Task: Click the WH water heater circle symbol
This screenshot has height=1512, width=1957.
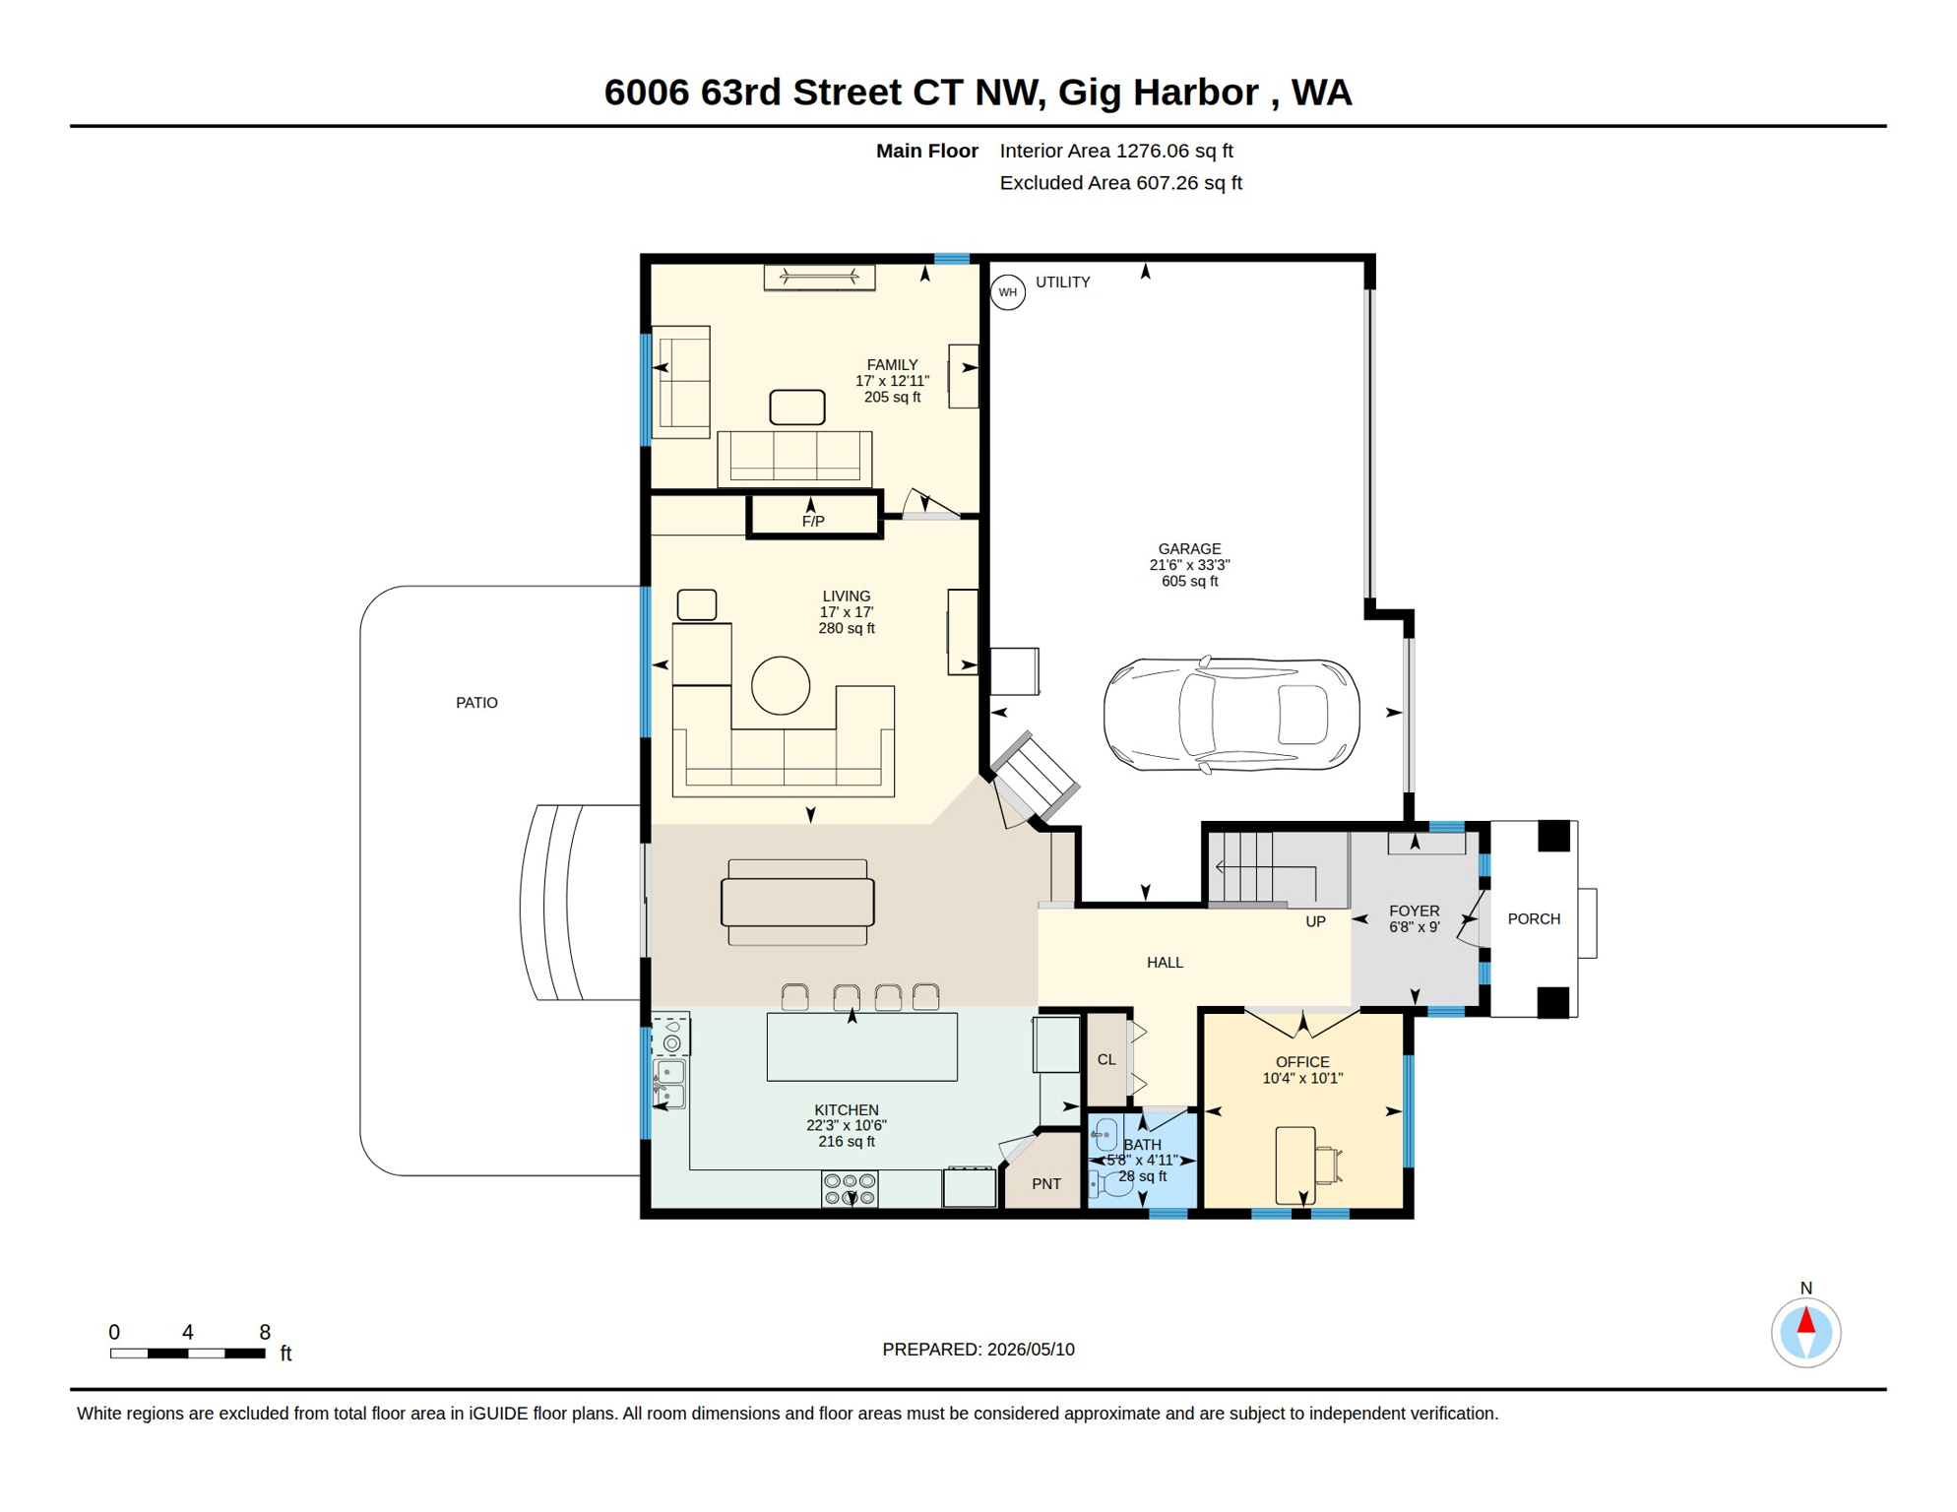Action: (x=1007, y=292)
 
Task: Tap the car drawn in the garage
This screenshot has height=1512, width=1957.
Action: (x=1231, y=715)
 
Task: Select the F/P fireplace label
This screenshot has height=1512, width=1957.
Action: (x=813, y=522)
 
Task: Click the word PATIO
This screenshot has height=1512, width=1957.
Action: (x=476, y=703)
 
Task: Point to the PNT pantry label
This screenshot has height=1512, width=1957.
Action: (x=1046, y=1184)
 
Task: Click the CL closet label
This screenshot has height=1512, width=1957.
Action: (x=1106, y=1060)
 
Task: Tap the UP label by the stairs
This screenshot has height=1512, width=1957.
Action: (x=1315, y=921)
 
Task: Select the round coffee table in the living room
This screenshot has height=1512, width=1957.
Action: (x=781, y=685)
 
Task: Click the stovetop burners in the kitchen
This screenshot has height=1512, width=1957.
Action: (x=850, y=1189)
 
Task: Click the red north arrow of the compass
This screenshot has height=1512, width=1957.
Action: (x=1805, y=1319)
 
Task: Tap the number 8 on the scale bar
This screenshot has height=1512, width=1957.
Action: (x=265, y=1333)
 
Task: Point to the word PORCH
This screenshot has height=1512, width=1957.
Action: (x=1534, y=919)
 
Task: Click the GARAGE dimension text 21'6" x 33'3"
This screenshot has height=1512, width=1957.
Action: (x=1189, y=565)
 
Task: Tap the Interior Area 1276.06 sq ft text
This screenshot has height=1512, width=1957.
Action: (x=1116, y=151)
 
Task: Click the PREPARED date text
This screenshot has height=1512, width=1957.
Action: (x=978, y=1350)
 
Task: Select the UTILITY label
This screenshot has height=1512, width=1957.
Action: (x=1062, y=283)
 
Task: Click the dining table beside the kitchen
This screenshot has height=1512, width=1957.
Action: (x=797, y=903)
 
